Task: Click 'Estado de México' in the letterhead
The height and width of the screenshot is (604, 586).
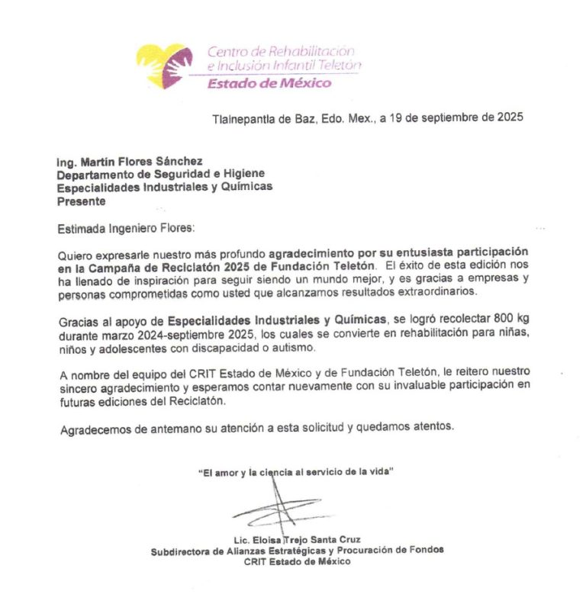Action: (269, 83)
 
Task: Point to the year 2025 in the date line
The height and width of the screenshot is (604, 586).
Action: (510, 118)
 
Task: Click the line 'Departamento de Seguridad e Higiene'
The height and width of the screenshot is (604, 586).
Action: (150, 174)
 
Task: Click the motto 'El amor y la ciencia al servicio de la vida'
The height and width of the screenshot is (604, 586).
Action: (295, 473)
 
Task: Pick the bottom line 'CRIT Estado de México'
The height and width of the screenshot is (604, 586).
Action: (297, 561)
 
